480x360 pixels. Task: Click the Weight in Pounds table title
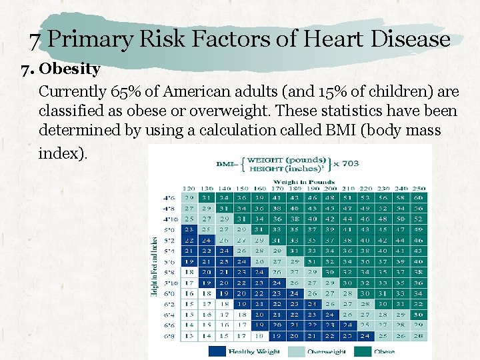[x=294, y=182]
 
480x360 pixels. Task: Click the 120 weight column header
[x=189, y=189]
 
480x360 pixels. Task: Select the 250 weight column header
[x=418, y=189]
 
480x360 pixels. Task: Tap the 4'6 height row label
[x=169, y=199]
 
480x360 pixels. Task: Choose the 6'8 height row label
[x=169, y=337]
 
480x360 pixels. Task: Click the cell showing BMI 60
[x=418, y=199]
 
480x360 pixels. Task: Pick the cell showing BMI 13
[x=189, y=337]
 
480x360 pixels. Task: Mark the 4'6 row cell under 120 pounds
[x=189, y=199]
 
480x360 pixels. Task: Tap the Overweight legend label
[x=326, y=351]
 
